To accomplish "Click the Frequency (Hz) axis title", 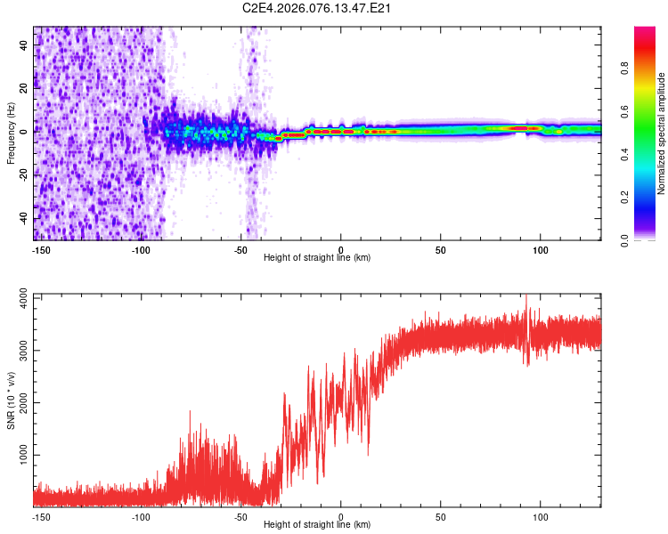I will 11,133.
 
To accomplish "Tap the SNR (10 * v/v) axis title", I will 11,400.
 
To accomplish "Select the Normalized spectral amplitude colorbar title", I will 662,133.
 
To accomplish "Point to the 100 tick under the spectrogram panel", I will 541,249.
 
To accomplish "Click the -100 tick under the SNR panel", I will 141,516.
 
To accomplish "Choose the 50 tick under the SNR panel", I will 441,516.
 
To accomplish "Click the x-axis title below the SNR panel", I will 317,525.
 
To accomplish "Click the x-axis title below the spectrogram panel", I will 317,258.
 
